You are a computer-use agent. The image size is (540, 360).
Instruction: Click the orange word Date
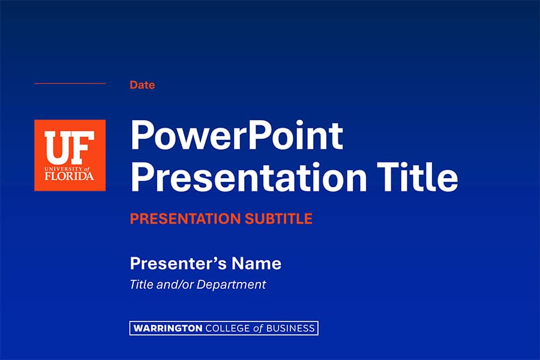tap(142, 85)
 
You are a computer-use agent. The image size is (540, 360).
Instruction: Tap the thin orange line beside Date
tap(70, 83)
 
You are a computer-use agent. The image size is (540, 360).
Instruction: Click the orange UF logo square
tap(70, 155)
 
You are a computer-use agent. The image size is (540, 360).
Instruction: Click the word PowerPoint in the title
tap(236, 136)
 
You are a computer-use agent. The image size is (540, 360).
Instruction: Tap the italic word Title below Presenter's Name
tap(141, 284)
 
